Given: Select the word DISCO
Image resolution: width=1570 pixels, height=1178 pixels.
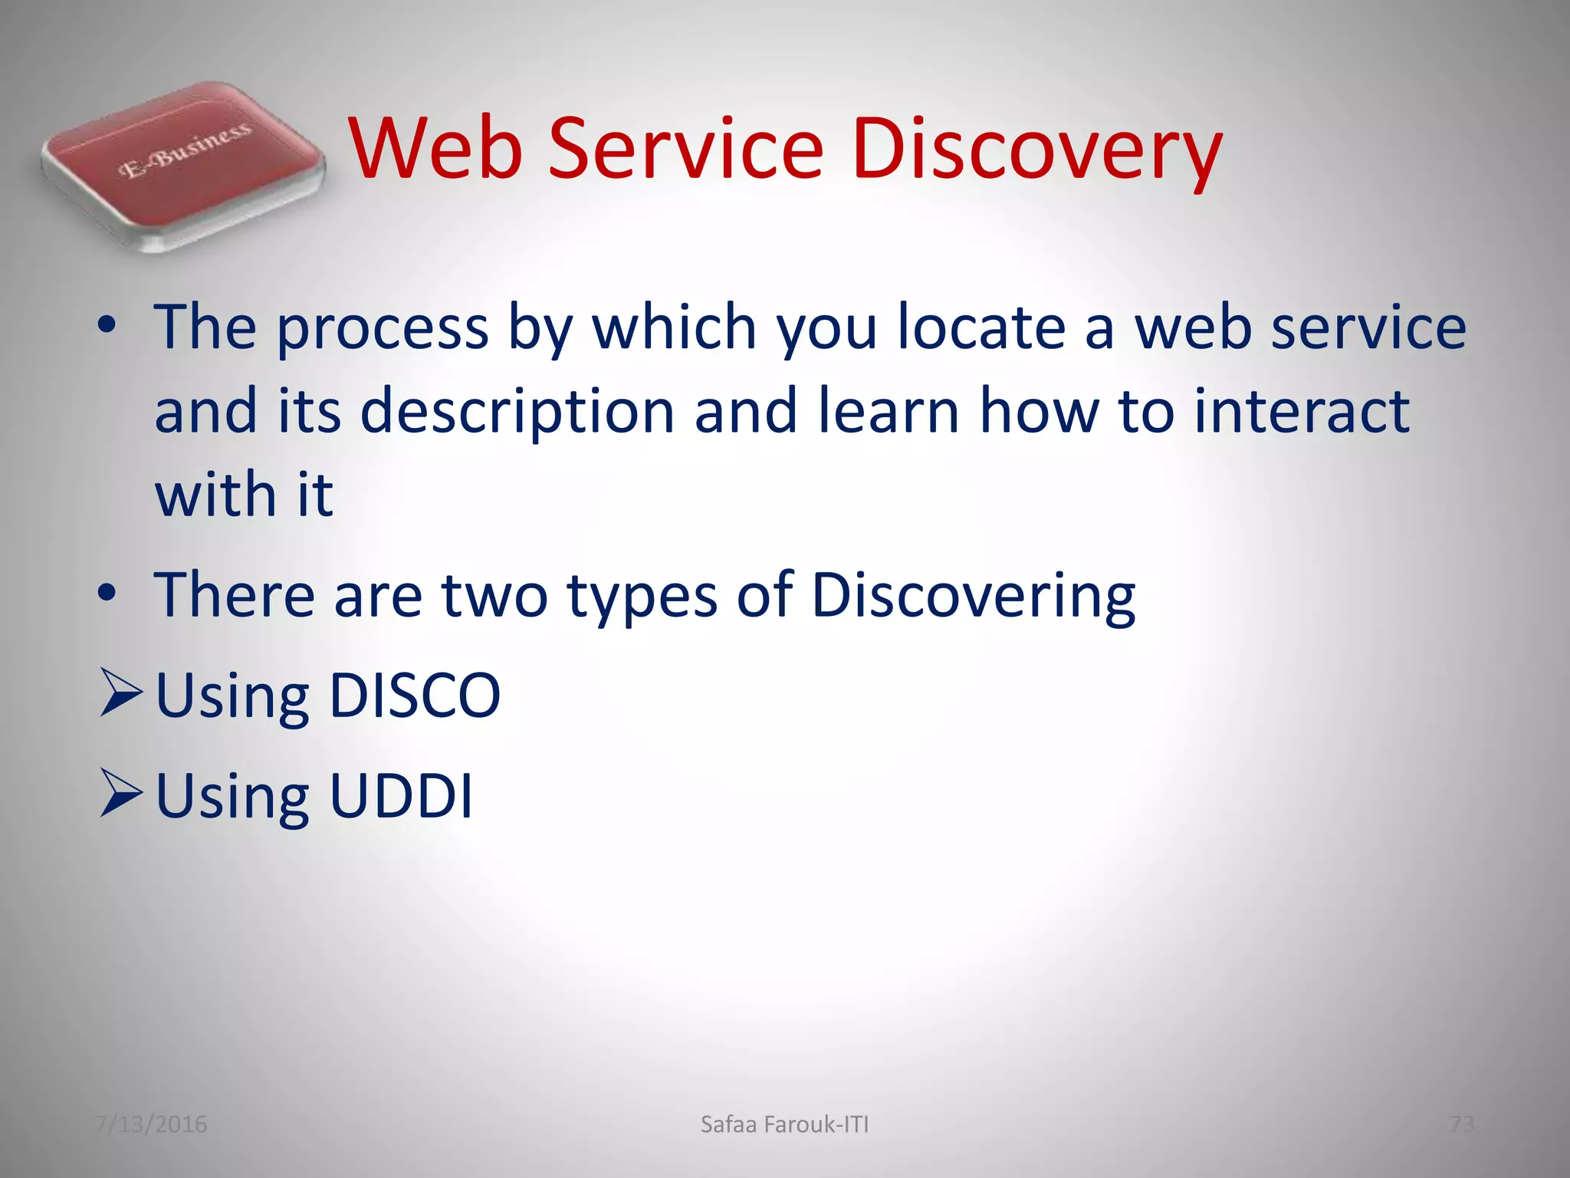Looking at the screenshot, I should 414,696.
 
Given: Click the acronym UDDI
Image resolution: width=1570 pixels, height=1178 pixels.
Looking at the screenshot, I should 400,796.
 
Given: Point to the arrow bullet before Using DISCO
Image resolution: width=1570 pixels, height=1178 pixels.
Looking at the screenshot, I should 121,692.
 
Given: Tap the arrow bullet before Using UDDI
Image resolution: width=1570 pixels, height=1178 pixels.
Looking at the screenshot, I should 121,794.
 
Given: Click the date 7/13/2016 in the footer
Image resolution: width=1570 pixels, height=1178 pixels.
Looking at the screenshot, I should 151,1124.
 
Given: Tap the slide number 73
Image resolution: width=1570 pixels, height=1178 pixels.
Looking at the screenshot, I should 1462,1124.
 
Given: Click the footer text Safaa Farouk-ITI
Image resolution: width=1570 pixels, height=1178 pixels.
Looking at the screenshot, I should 784,1124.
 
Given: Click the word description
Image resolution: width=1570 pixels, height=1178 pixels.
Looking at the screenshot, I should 517,413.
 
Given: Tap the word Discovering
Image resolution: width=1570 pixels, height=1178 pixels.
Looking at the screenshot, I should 973,597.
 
